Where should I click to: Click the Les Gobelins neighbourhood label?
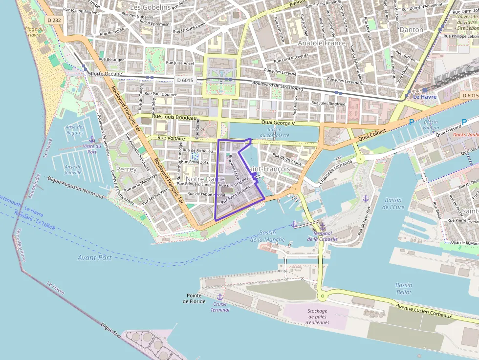pos(150,7)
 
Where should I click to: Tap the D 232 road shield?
pos(54,20)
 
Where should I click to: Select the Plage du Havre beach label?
pos(34,32)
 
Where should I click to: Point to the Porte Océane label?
pos(107,74)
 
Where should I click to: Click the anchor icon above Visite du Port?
pos(92,140)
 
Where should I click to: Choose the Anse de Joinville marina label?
pos(73,169)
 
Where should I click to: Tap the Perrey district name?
pos(126,169)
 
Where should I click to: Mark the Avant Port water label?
pos(94,257)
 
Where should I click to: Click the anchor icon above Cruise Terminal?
pos(219,297)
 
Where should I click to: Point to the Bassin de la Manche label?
pos(267,236)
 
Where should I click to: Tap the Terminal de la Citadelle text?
pos(322,236)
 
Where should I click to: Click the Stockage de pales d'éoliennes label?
pos(317,317)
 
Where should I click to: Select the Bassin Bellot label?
pos(404,289)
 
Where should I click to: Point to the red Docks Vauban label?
pos(466,134)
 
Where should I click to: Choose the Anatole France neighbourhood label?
pos(322,43)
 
